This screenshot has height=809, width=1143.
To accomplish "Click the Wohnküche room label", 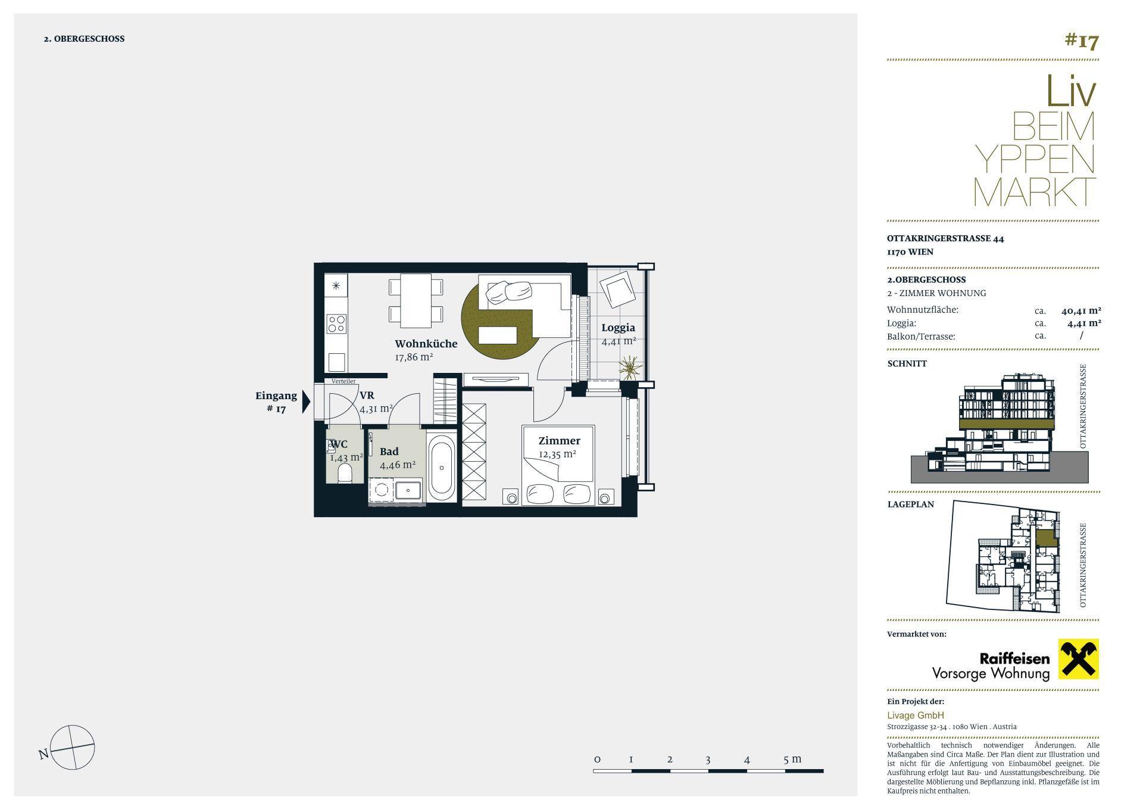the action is click(426, 344).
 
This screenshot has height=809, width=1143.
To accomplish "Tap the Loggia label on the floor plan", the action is click(618, 328).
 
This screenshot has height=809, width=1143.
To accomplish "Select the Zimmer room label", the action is click(559, 441).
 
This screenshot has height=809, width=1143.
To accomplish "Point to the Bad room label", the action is click(389, 452).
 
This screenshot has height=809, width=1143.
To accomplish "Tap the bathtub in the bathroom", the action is click(441, 467).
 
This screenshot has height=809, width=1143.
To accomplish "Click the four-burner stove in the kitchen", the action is click(336, 323).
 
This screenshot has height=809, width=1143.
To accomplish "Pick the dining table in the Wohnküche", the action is click(416, 300).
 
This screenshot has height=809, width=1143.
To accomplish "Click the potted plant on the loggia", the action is click(629, 367).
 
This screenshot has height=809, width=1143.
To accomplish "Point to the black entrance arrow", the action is click(306, 402).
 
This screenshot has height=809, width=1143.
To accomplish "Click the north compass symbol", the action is click(72, 747).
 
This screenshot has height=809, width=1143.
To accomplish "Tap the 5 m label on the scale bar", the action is click(792, 759).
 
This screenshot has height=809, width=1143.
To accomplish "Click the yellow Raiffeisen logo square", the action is click(1078, 659).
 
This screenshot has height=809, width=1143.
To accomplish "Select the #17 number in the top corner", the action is click(1081, 41).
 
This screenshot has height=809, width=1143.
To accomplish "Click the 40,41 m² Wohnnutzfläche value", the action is click(1081, 310).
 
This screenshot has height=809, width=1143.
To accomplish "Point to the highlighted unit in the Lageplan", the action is click(1045, 538).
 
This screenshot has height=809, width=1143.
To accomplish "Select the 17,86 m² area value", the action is click(414, 357).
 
